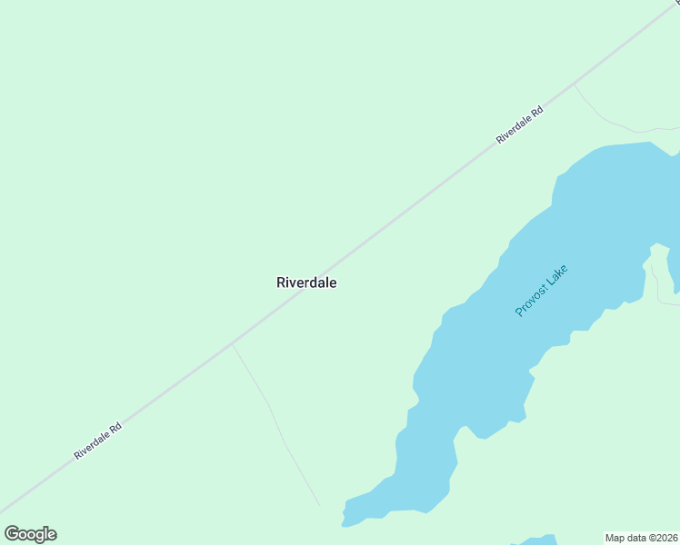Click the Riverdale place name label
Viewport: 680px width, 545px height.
point(306,282)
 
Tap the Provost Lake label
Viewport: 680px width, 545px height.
point(542,291)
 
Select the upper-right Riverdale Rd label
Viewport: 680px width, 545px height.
point(520,125)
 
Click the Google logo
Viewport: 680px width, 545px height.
point(30,534)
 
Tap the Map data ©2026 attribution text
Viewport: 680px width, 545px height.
point(642,537)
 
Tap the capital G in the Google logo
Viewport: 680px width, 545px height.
point(13,534)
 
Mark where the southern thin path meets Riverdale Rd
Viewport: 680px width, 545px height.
point(232,344)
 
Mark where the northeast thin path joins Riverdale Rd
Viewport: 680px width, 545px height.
point(574,84)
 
